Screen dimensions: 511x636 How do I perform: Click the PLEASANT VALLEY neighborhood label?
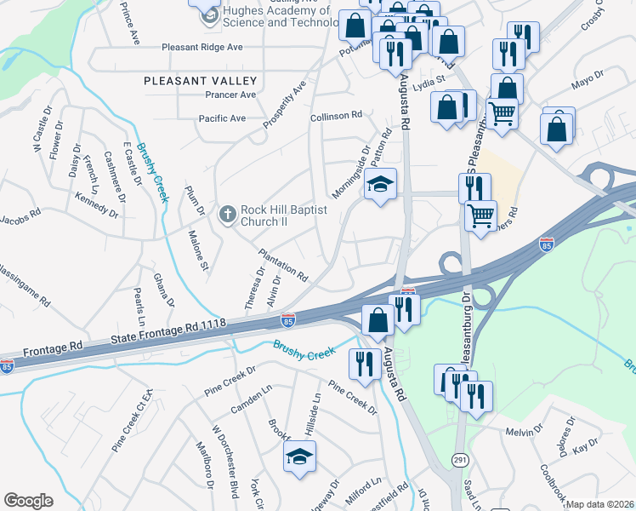point(200,80)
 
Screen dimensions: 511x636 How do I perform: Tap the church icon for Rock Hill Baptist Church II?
point(227,215)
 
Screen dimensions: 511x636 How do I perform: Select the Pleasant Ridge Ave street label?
point(202,47)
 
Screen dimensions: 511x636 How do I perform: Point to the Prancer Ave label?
point(225,95)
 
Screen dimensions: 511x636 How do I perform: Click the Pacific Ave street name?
point(221,118)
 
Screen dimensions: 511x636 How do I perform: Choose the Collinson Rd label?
point(337,115)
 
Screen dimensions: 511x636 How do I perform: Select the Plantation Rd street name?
point(282,263)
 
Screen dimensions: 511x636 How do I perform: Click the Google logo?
point(28,501)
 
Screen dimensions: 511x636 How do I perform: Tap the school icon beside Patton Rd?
point(380,185)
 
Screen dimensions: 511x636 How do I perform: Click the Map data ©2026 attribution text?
point(600,504)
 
